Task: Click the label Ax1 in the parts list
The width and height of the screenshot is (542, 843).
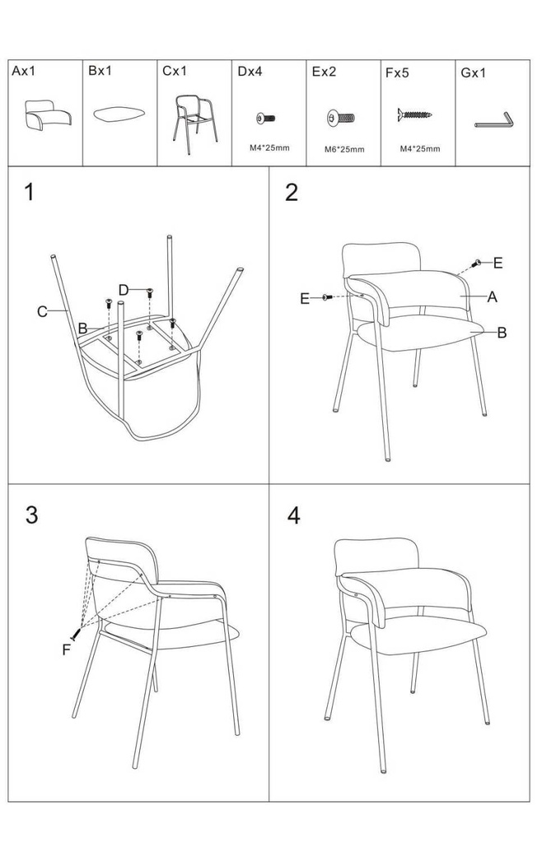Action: pyautogui.click(x=23, y=71)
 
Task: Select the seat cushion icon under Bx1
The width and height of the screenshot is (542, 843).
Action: pyautogui.click(x=119, y=114)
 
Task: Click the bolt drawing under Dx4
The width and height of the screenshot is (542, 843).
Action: pyautogui.click(x=266, y=118)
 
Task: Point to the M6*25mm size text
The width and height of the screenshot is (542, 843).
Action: pyautogui.click(x=344, y=150)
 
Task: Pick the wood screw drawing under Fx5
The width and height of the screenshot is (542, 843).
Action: pyautogui.click(x=415, y=114)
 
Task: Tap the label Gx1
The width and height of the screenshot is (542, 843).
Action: pyautogui.click(x=473, y=72)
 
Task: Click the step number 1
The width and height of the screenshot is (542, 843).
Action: pyautogui.click(x=30, y=192)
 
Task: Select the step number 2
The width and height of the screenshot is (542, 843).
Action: pyautogui.click(x=292, y=193)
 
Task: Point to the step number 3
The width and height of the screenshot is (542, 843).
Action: pyautogui.click(x=32, y=515)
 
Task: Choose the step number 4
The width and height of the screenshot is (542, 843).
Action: pyautogui.click(x=293, y=515)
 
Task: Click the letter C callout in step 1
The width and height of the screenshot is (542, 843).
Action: pyautogui.click(x=42, y=311)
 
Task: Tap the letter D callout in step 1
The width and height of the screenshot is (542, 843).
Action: pyautogui.click(x=123, y=291)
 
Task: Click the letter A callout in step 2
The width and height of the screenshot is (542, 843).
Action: pyautogui.click(x=492, y=296)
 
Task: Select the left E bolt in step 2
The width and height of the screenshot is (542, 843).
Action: pyautogui.click(x=327, y=297)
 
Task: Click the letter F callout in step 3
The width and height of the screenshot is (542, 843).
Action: pyautogui.click(x=66, y=650)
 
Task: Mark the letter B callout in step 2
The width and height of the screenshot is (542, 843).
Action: pyautogui.click(x=502, y=333)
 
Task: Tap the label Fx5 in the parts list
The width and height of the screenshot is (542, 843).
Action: pyautogui.click(x=397, y=72)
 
